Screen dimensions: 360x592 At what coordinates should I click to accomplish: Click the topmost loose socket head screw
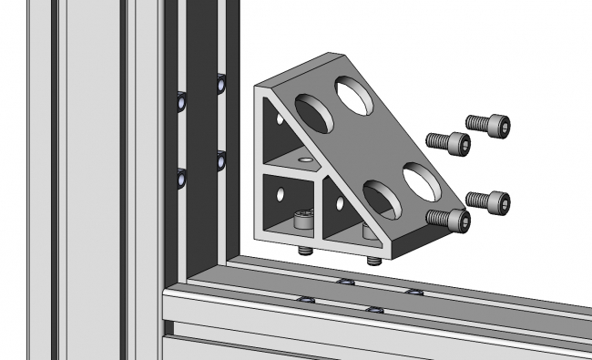click(488, 125)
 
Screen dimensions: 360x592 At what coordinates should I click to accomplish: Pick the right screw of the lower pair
click(488, 200)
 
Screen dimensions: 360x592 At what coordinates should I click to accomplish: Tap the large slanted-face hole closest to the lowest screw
click(419, 180)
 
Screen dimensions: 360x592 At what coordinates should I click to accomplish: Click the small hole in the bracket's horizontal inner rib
click(304, 160)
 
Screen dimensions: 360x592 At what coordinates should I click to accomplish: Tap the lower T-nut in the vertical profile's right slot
click(220, 161)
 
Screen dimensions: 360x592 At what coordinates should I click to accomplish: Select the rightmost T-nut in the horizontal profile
click(414, 293)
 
